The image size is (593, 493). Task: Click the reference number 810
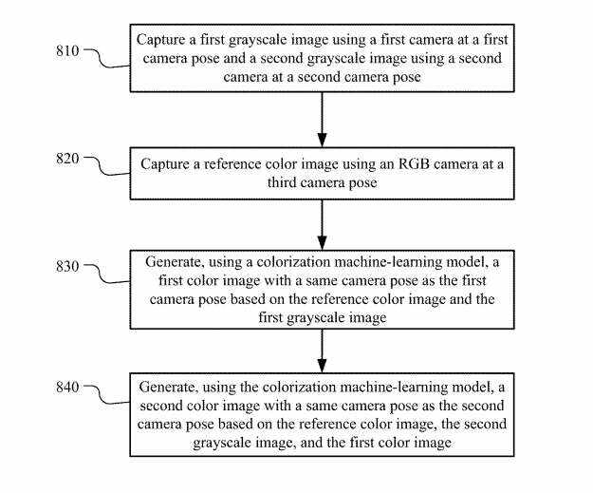coord(67,50)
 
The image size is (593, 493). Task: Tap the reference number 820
coord(67,159)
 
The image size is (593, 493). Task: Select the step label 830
coord(67,266)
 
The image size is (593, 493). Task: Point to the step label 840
coord(67,387)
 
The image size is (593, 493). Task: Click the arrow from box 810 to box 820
coord(322,120)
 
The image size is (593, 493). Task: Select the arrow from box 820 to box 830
coord(322,224)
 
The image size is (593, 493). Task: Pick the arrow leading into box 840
coord(322,351)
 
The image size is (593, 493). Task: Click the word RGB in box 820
coord(414,164)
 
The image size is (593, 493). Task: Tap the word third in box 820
coord(282,182)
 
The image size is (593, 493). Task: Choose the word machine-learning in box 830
coord(389,262)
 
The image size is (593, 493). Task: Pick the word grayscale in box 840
coord(221,443)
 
